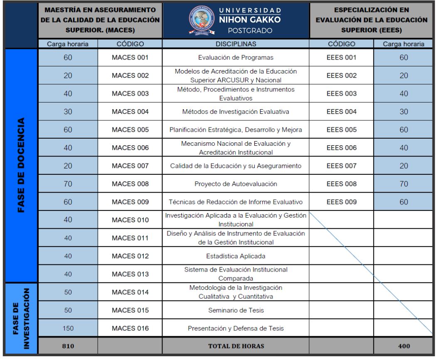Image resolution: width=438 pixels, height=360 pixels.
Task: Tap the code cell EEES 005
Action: click(x=341, y=130)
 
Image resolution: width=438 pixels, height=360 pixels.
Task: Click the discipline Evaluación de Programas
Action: click(x=236, y=57)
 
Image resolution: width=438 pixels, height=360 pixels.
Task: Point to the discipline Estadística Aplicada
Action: click(x=236, y=256)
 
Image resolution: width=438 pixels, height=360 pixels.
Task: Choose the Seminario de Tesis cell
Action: click(x=236, y=310)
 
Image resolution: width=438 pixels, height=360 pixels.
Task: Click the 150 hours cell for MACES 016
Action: click(x=68, y=328)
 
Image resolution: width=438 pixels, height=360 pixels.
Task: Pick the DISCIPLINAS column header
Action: click(x=236, y=44)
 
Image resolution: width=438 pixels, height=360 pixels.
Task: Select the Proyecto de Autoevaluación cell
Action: click(x=236, y=184)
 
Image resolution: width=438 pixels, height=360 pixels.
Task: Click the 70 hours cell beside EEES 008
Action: click(x=404, y=184)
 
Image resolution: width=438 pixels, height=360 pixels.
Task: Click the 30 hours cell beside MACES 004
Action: click(x=68, y=112)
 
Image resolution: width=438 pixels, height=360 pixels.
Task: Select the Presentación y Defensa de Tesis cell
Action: click(x=236, y=328)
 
